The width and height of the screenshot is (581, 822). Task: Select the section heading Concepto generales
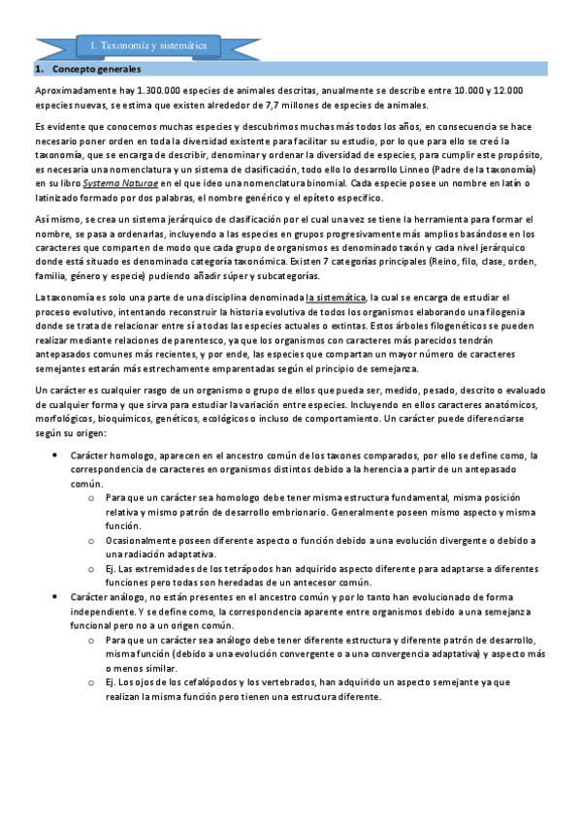(96, 71)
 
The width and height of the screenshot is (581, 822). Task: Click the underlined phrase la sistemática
(336, 297)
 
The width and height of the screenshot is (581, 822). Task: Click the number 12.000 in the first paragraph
(505, 90)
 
